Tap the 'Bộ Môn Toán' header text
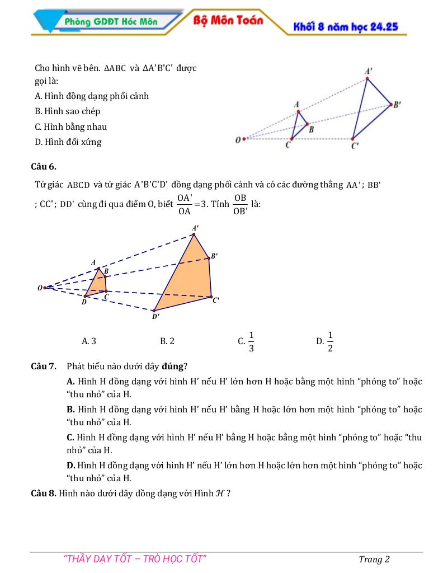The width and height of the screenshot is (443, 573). [x=228, y=20]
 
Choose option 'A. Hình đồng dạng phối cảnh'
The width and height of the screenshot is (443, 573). [x=92, y=96]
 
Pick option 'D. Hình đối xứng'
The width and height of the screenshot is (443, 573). [x=68, y=142]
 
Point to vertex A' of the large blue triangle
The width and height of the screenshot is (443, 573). [x=367, y=78]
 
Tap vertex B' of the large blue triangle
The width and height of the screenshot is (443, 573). [x=390, y=104]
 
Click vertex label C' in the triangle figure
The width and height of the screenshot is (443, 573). [x=355, y=147]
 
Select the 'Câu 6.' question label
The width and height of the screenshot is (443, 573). [x=44, y=166]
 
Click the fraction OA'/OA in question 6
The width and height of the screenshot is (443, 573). [x=185, y=204]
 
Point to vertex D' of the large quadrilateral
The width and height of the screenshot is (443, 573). [x=154, y=311]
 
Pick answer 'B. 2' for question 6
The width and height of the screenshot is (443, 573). [x=167, y=341]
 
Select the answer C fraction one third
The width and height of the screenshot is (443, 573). [x=251, y=341]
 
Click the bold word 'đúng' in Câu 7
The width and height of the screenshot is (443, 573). [x=172, y=367]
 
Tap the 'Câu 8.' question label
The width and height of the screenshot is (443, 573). [x=44, y=493]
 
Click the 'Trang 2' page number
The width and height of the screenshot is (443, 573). [x=374, y=559]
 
